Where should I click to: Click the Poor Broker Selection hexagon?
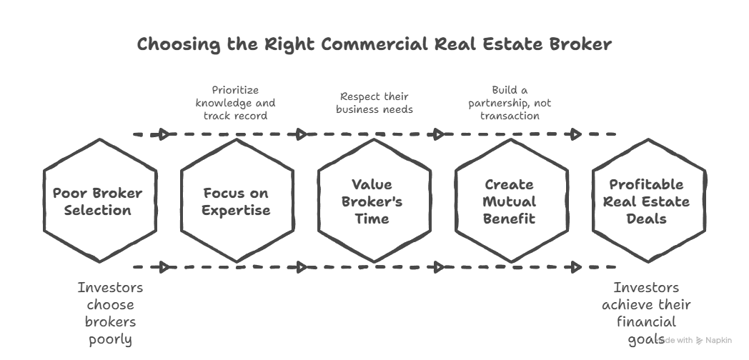tap(98, 201)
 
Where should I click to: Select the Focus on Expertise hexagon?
tap(236, 201)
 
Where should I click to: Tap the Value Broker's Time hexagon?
tap(372, 201)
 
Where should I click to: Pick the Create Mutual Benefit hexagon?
tap(510, 201)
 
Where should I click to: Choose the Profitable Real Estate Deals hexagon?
tap(646, 201)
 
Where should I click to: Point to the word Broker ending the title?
tap(580, 44)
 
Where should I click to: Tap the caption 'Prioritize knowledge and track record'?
tap(235, 102)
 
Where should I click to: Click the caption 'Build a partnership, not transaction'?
tap(510, 102)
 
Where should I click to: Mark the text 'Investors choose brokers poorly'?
tap(110, 314)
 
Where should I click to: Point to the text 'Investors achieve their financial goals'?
tap(646, 314)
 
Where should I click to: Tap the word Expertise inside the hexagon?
tap(236, 210)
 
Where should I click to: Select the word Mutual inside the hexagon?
tap(510, 201)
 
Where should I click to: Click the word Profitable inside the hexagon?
tap(646, 185)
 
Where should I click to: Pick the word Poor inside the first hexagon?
tap(70, 194)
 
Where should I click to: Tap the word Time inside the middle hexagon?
tap(372, 218)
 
